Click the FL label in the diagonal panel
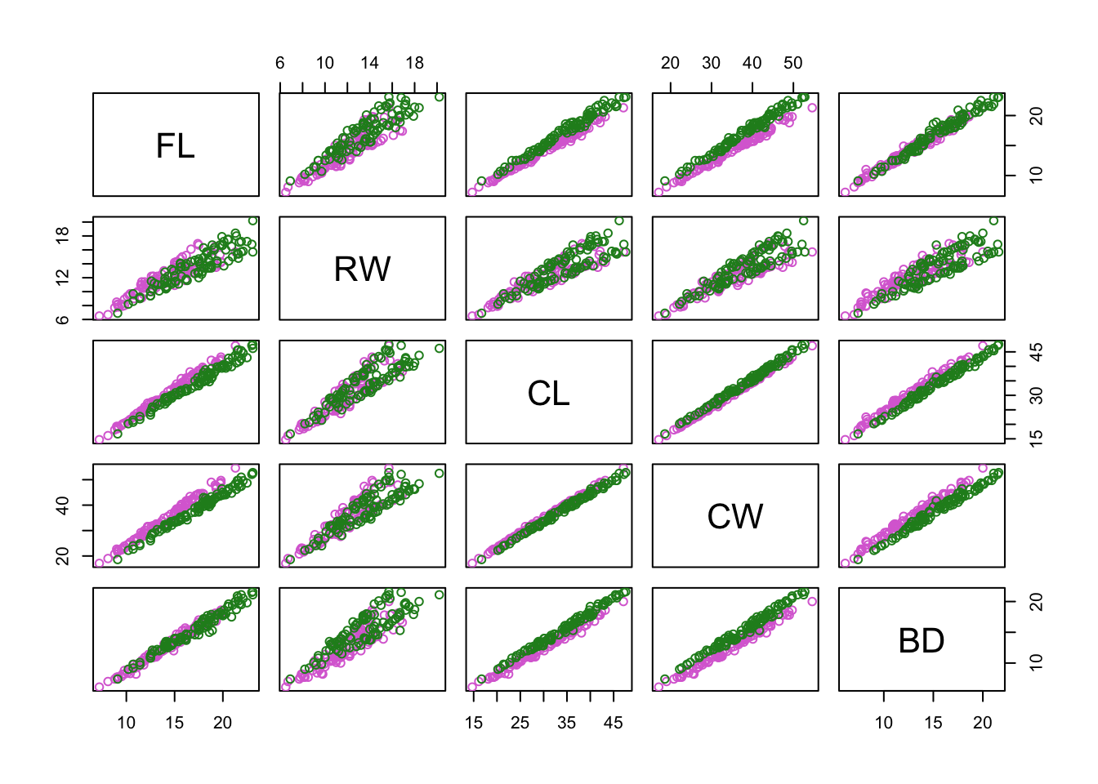tap(176, 145)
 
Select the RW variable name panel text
tap(362, 269)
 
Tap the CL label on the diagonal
tap(548, 393)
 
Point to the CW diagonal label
tap(734, 516)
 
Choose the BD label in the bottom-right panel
tap(921, 640)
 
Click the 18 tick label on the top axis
tap(414, 63)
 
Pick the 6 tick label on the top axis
tap(280, 63)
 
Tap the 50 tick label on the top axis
tap(792, 63)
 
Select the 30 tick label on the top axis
tap(711, 63)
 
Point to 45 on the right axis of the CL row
tap(1036, 352)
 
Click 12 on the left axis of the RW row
tap(62, 278)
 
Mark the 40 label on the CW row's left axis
tap(62, 505)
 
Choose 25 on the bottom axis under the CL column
tap(520, 723)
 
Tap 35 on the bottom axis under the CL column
tap(566, 723)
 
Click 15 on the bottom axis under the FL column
tap(174, 723)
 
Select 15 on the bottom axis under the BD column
tap(933, 723)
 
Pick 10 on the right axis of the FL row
tap(1036, 175)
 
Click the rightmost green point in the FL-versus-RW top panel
tap(440, 97)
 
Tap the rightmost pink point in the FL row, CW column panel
tap(812, 108)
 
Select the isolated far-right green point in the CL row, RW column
tap(440, 349)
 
